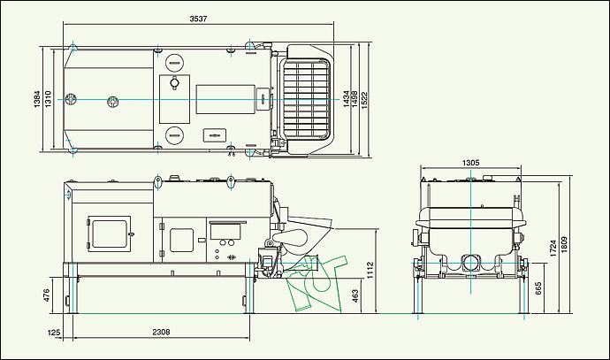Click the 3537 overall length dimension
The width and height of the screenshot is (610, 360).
point(198,19)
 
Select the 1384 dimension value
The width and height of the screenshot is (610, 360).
point(37,99)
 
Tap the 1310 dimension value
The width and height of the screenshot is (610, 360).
point(48,99)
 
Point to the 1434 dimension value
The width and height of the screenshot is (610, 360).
point(346,99)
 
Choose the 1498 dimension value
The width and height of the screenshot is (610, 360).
point(355,99)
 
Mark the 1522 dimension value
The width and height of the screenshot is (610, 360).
point(364,99)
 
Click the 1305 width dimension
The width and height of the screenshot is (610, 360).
point(470,163)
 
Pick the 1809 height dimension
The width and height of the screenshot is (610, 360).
point(565,246)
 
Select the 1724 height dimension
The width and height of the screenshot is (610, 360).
point(553,248)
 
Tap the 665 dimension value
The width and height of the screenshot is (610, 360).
point(538,288)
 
